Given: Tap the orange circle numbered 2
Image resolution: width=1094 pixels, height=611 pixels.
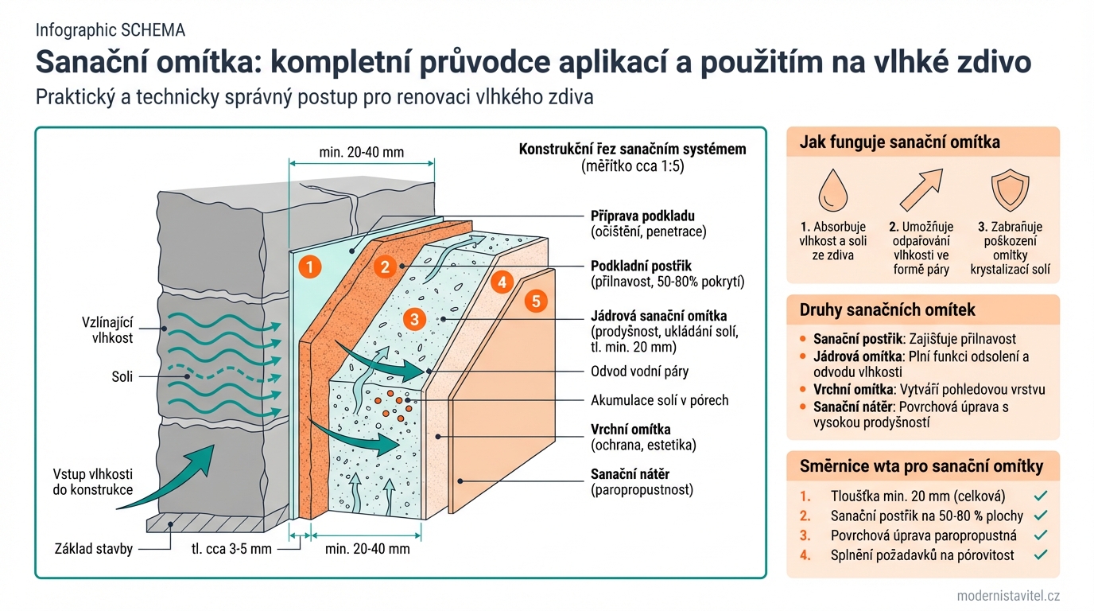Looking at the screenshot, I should pyautogui.click(x=385, y=267).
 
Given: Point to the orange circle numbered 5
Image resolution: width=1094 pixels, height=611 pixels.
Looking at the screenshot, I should pyautogui.click(x=536, y=301).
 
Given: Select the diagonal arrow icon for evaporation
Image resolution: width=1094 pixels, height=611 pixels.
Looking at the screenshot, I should pyautogui.click(x=921, y=189).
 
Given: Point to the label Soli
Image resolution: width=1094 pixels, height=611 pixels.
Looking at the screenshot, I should pyautogui.click(x=122, y=376).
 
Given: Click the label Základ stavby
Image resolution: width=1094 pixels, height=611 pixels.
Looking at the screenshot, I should pyautogui.click(x=93, y=548).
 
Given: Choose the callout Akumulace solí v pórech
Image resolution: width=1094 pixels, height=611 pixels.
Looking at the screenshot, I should pyautogui.click(x=659, y=400).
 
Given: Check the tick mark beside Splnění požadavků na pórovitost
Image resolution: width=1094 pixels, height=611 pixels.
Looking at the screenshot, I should pyautogui.click(x=1042, y=555).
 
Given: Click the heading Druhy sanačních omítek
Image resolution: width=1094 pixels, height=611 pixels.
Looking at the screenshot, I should pyautogui.click(x=887, y=309).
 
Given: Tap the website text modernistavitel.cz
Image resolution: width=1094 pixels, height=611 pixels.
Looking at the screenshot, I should pyautogui.click(x=1008, y=596).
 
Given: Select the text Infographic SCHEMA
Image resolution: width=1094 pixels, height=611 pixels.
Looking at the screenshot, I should pyautogui.click(x=111, y=31).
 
